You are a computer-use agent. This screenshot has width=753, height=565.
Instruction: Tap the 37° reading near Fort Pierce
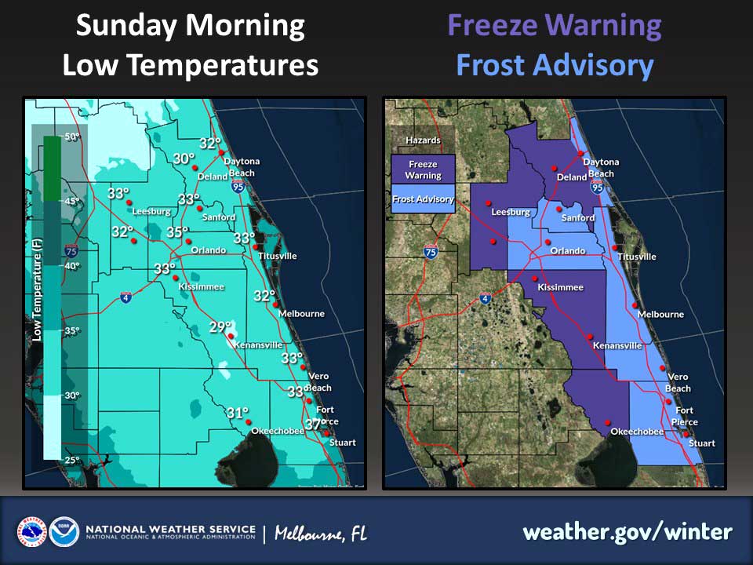click(x=315, y=425)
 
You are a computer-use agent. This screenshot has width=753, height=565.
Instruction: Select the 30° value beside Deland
click(x=184, y=159)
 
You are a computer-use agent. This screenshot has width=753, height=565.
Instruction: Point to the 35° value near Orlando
click(x=178, y=232)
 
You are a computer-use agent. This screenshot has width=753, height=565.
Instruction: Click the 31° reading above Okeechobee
click(x=238, y=413)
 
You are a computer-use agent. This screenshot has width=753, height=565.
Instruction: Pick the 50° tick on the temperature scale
click(x=72, y=137)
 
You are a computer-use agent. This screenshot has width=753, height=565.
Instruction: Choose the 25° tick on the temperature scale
click(x=72, y=460)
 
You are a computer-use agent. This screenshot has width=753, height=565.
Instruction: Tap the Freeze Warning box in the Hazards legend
click(x=423, y=169)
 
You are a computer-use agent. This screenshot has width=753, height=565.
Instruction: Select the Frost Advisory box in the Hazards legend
click(x=423, y=199)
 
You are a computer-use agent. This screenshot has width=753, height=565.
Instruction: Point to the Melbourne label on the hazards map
click(x=660, y=315)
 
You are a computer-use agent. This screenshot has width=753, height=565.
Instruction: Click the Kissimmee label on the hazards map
click(x=560, y=287)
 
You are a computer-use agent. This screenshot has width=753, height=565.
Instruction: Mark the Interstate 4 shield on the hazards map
click(x=486, y=298)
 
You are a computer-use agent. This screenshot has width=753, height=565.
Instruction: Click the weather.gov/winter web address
click(x=627, y=532)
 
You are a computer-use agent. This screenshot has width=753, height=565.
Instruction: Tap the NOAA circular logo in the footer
click(x=64, y=532)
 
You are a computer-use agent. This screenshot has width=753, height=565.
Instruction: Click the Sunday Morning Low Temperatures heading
click(x=190, y=46)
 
